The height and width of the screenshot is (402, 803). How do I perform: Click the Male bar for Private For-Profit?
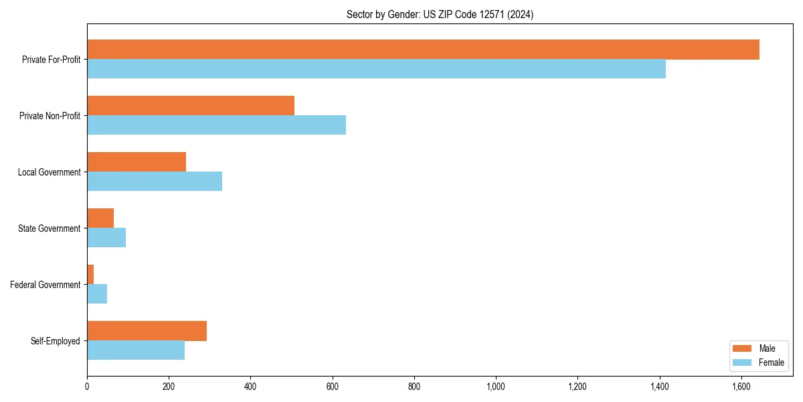(x=423, y=50)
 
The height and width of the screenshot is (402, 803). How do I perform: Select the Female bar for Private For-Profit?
(x=376, y=69)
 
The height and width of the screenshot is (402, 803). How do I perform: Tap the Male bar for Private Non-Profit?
(x=191, y=106)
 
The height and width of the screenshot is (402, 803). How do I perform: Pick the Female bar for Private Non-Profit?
(x=216, y=125)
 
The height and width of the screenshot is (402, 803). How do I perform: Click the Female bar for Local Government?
(x=155, y=182)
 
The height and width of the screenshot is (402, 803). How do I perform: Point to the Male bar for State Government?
(x=100, y=218)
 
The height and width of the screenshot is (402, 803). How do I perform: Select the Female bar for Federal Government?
(x=97, y=294)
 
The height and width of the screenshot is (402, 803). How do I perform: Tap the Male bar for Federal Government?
(x=90, y=275)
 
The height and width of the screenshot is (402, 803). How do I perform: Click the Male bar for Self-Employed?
(x=147, y=331)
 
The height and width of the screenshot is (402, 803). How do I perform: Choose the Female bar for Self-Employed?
(x=136, y=350)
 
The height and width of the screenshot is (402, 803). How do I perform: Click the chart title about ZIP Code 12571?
(x=440, y=15)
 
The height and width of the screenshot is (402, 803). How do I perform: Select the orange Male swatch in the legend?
(x=743, y=348)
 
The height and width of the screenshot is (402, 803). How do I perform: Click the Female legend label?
(x=772, y=362)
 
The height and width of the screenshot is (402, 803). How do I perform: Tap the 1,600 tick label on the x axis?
(x=741, y=387)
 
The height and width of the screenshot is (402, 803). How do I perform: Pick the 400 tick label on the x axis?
(x=250, y=387)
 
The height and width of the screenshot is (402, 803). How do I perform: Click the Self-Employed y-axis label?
(x=56, y=341)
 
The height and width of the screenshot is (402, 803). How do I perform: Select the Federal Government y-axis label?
(x=46, y=285)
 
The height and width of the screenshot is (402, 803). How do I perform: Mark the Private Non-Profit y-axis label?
(x=50, y=116)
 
